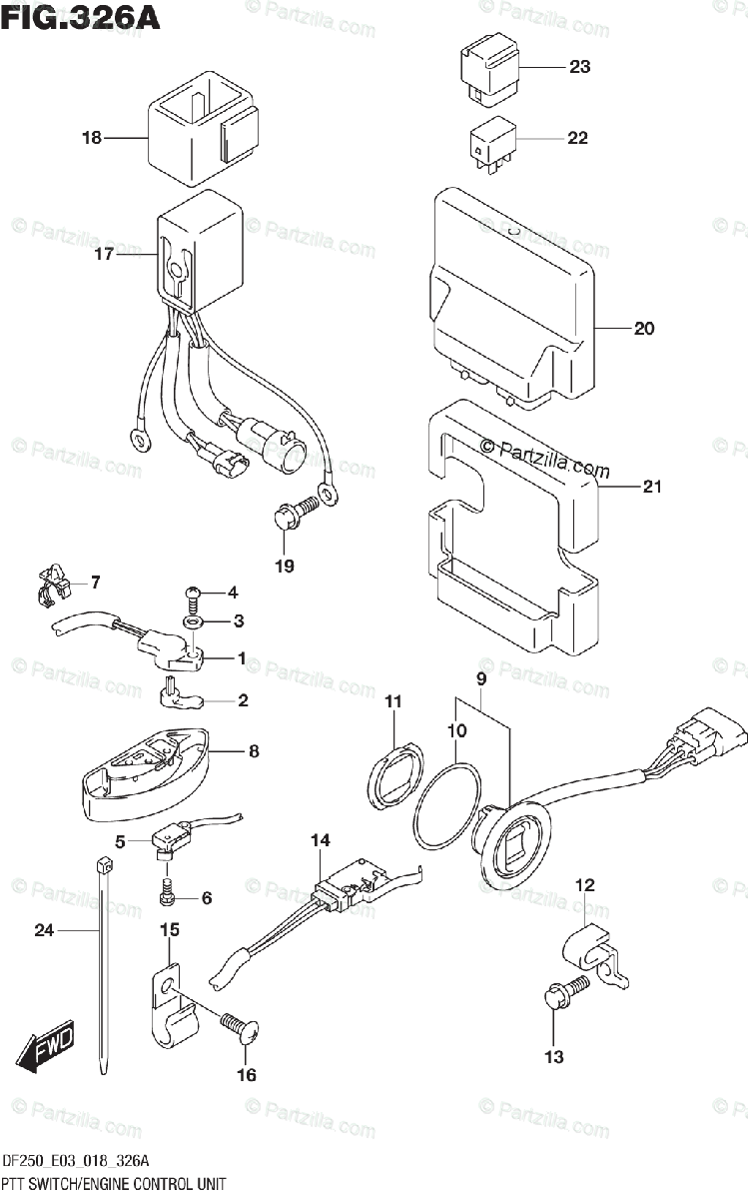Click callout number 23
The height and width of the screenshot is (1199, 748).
[579, 67]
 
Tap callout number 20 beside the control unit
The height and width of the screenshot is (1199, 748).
[644, 328]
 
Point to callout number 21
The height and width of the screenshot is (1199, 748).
[651, 487]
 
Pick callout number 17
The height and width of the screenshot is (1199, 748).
[104, 254]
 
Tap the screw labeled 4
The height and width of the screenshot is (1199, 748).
[193, 599]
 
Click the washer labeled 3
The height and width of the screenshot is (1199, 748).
[192, 622]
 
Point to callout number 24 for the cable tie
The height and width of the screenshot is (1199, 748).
[43, 930]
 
